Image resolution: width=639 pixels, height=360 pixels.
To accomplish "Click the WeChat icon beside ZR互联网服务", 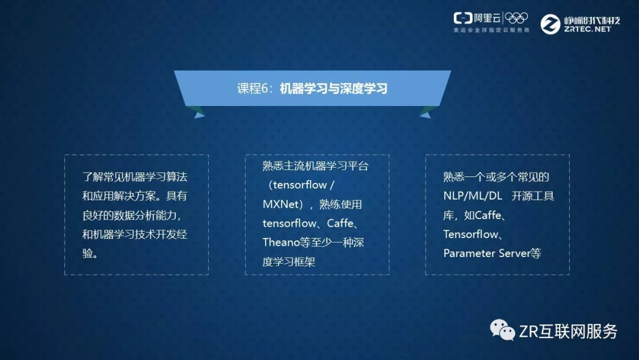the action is (x=502, y=330).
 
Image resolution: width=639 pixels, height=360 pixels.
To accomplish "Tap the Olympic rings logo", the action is (x=517, y=18).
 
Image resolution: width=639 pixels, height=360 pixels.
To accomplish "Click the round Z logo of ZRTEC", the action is (x=550, y=24).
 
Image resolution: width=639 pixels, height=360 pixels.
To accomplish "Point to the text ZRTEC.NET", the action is (x=588, y=30).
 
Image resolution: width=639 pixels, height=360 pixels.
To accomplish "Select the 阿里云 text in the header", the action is (x=488, y=18).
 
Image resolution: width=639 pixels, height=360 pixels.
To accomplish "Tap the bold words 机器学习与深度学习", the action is (x=334, y=88).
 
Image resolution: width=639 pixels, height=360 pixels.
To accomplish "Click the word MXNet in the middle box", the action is (x=280, y=204).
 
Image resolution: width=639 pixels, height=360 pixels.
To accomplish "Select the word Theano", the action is (x=281, y=243).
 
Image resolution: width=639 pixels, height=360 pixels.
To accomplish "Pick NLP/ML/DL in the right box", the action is (x=473, y=196).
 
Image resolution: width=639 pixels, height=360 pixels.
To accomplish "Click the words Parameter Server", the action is (x=486, y=253).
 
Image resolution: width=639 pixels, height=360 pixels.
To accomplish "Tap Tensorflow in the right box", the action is (x=471, y=234).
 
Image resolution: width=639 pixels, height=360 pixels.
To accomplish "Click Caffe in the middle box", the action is (x=340, y=223).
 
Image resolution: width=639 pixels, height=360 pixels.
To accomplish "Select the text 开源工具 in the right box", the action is (x=532, y=196).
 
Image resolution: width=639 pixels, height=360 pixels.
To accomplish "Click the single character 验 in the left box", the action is (x=88, y=253).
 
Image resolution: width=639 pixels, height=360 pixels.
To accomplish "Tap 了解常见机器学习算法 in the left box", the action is (x=135, y=177).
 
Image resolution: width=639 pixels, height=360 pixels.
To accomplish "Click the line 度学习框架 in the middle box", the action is (x=289, y=262).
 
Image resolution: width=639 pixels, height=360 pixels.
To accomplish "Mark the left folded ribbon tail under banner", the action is (x=195, y=112).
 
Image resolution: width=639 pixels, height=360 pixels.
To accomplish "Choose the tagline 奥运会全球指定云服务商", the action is (x=492, y=30).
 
